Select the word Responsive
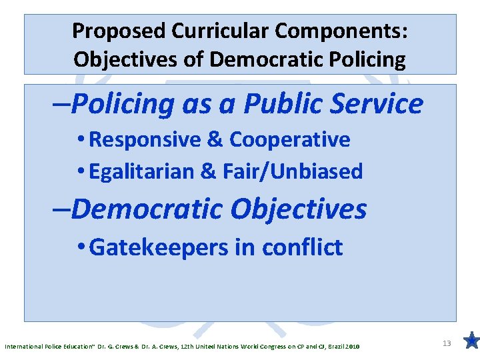pos(145,140)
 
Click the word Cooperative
pos(289,140)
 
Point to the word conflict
pos(303,247)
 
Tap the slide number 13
pos(447,343)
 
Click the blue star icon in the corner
pos(471,341)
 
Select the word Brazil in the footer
pos(335,347)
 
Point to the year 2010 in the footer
pos(353,347)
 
